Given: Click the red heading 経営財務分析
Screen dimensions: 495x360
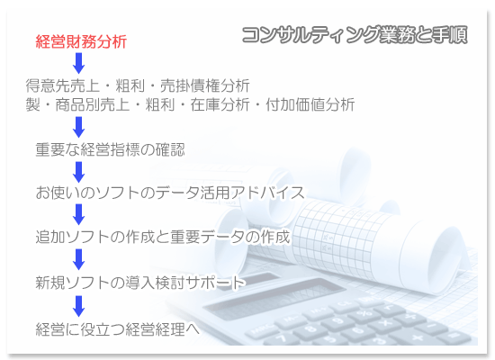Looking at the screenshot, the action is point(81,41).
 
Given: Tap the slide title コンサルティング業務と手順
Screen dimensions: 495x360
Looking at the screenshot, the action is point(355,34).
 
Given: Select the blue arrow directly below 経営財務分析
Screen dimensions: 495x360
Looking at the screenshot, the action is point(78,63).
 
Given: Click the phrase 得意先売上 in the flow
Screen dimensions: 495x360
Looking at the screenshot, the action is point(62,85).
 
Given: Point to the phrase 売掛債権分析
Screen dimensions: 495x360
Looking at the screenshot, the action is point(205,85).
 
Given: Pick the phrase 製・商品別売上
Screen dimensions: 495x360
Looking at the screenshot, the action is point(77,104).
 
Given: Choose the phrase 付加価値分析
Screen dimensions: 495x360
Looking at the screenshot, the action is point(310,104).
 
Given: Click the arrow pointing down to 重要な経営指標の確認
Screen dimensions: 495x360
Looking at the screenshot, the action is point(78,127).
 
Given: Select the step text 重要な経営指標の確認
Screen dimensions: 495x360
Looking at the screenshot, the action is point(110,149).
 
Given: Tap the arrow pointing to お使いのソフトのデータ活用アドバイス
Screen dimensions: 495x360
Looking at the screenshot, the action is point(78,172).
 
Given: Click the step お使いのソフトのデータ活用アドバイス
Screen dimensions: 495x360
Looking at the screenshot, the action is point(170,193).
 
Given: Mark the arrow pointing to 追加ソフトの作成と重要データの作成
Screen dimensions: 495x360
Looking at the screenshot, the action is point(78,214).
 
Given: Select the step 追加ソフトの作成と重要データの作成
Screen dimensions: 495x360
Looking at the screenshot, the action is point(163,237).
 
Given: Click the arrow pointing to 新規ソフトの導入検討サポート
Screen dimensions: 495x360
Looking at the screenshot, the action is point(78,259).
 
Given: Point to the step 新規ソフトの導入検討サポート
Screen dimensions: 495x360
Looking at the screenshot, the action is point(140,283).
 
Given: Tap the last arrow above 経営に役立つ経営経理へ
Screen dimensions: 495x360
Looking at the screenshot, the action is point(78,306).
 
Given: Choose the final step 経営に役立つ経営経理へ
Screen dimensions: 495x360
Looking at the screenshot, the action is point(117,329).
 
